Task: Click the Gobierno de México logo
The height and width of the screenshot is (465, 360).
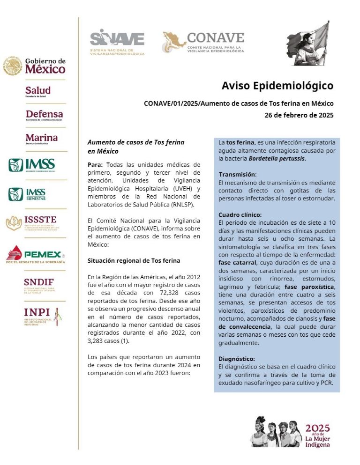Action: click(x=35, y=66)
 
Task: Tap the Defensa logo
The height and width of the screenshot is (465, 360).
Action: click(x=44, y=115)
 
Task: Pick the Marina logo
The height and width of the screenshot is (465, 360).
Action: click(x=41, y=139)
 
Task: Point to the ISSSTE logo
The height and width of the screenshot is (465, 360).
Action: click(x=34, y=222)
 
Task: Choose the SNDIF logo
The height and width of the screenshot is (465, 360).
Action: click(x=39, y=284)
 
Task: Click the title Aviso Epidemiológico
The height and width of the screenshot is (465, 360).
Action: click(x=277, y=86)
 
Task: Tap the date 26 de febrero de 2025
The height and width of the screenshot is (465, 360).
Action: click(x=299, y=115)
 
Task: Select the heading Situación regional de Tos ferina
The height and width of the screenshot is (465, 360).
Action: click(x=134, y=260)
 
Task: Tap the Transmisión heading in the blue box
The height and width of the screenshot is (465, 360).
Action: click(x=238, y=175)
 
